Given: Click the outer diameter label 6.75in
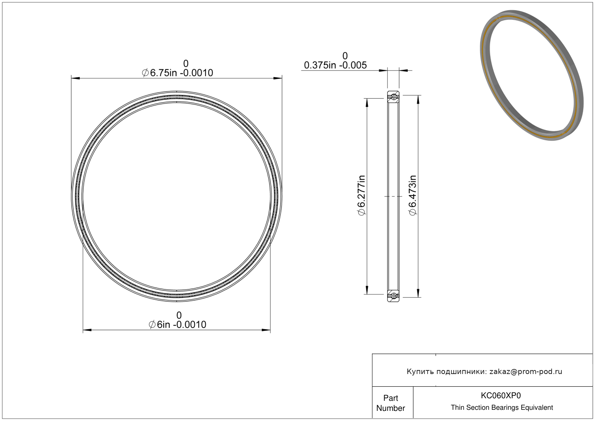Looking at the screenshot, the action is pyautogui.click(x=163, y=73).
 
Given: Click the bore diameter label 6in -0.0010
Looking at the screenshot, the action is pyautogui.click(x=181, y=325).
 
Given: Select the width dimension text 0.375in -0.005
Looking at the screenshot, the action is pyautogui.click(x=335, y=65).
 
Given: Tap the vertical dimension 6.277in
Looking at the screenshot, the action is pyautogui.click(x=361, y=196).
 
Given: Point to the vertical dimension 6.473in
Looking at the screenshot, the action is pyautogui.click(x=412, y=196).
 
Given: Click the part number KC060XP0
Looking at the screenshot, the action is pyautogui.click(x=501, y=395).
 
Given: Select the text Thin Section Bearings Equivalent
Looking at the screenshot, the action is pyautogui.click(x=502, y=408).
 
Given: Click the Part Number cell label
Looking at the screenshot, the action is pyautogui.click(x=391, y=403).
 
